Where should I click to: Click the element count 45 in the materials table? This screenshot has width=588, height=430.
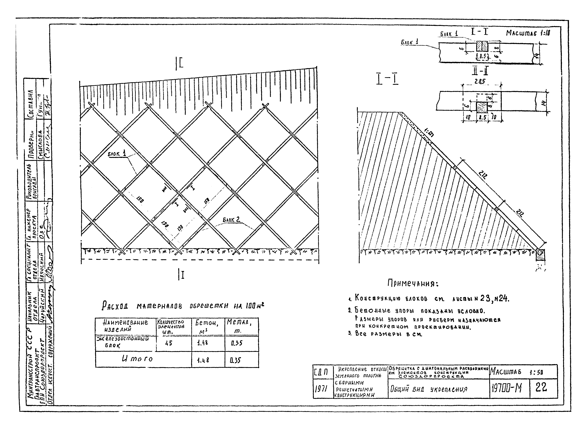point(169,343)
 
